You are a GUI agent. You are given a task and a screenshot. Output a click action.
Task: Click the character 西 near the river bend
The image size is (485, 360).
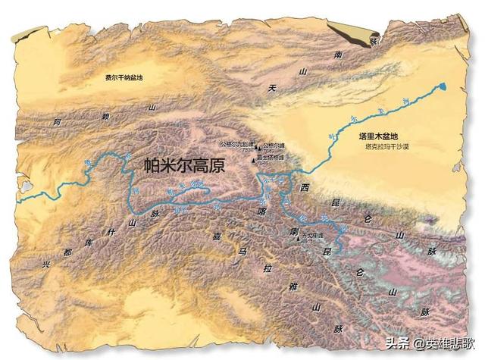(305, 186)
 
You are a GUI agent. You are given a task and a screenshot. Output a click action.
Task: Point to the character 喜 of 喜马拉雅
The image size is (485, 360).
(217, 236)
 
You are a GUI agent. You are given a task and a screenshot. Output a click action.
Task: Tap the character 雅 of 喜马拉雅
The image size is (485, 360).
(291, 286)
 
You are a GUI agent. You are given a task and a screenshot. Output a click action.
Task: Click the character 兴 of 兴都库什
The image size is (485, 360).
(45, 264)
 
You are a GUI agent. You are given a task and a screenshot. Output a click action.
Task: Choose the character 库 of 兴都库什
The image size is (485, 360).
(89, 242)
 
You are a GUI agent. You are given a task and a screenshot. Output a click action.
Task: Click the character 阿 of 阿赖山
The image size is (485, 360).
(56, 121)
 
